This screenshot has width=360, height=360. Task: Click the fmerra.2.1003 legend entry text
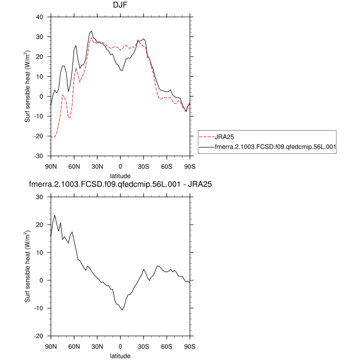pyautogui.click(x=275, y=147)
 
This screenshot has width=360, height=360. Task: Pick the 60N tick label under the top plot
pyautogui.click(x=74, y=166)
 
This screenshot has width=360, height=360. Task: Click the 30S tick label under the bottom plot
pyautogui.click(x=143, y=346)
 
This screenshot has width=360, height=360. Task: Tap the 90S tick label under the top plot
pyautogui.click(x=190, y=166)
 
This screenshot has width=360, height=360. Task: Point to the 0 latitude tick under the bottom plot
pyautogui.click(x=120, y=346)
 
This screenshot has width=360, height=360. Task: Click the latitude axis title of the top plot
pyautogui.click(x=120, y=175)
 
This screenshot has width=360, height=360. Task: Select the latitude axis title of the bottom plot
pyautogui.click(x=120, y=355)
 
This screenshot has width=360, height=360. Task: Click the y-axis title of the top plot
pyautogui.click(x=28, y=86)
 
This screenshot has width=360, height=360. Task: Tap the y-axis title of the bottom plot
pyautogui.click(x=28, y=266)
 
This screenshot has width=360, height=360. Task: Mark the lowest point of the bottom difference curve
pyautogui.click(x=122, y=310)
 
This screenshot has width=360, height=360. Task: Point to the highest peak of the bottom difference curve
pyautogui.click(x=55, y=215)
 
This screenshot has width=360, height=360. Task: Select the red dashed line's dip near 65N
pyautogui.click(x=69, y=118)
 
